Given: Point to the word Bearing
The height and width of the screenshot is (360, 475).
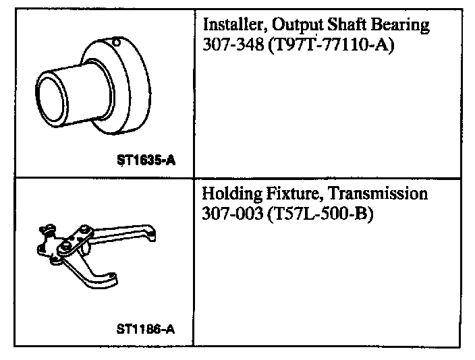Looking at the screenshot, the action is tap(400, 26).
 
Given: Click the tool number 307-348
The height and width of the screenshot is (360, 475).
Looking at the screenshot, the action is tap(233, 44).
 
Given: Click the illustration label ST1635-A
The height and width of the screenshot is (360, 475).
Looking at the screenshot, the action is tap(146, 160).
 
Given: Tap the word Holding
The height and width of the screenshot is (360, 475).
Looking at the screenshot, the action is tap(231, 194).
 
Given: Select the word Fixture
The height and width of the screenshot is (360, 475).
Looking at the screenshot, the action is tap(293, 193).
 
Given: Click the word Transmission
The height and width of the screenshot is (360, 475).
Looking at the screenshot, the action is tap(378, 193).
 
